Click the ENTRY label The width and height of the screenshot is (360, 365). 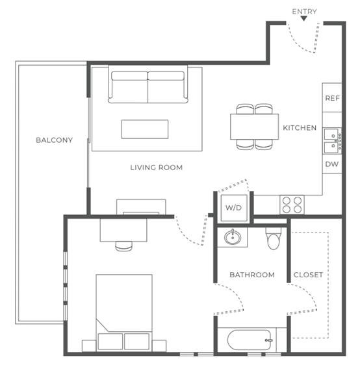pyautogui.click(x=304, y=12)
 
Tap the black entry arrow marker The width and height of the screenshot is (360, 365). pyautogui.click(x=304, y=18)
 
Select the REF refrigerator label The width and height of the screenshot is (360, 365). pyautogui.click(x=332, y=98)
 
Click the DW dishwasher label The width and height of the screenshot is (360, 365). pyautogui.click(x=331, y=164)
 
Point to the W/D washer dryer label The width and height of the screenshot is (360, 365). pyautogui.click(x=233, y=207)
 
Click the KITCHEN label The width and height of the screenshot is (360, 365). pyautogui.click(x=300, y=128)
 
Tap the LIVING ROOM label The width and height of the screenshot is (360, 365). pyautogui.click(x=156, y=168)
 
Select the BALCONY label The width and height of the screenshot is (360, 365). pyautogui.click(x=54, y=140)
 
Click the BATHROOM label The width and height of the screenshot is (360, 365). pyautogui.click(x=252, y=275)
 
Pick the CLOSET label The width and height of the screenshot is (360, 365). pyautogui.click(x=308, y=275)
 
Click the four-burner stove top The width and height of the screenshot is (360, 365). pyautogui.click(x=292, y=205)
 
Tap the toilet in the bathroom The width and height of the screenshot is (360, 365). pyautogui.click(x=274, y=238)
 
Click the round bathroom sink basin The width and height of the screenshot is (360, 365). pyautogui.click(x=233, y=237)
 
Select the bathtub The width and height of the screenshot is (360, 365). pyautogui.click(x=250, y=340)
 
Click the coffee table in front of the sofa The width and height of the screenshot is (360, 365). pyautogui.click(x=145, y=129)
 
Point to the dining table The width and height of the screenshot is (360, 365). pyautogui.click(x=254, y=127)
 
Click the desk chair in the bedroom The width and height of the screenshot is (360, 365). pyautogui.click(x=124, y=246)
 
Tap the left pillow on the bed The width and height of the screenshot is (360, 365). pyautogui.click(x=110, y=342)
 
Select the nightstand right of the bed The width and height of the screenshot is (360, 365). pyautogui.click(x=159, y=346)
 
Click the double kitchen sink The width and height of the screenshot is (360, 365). pyautogui.click(x=331, y=141)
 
